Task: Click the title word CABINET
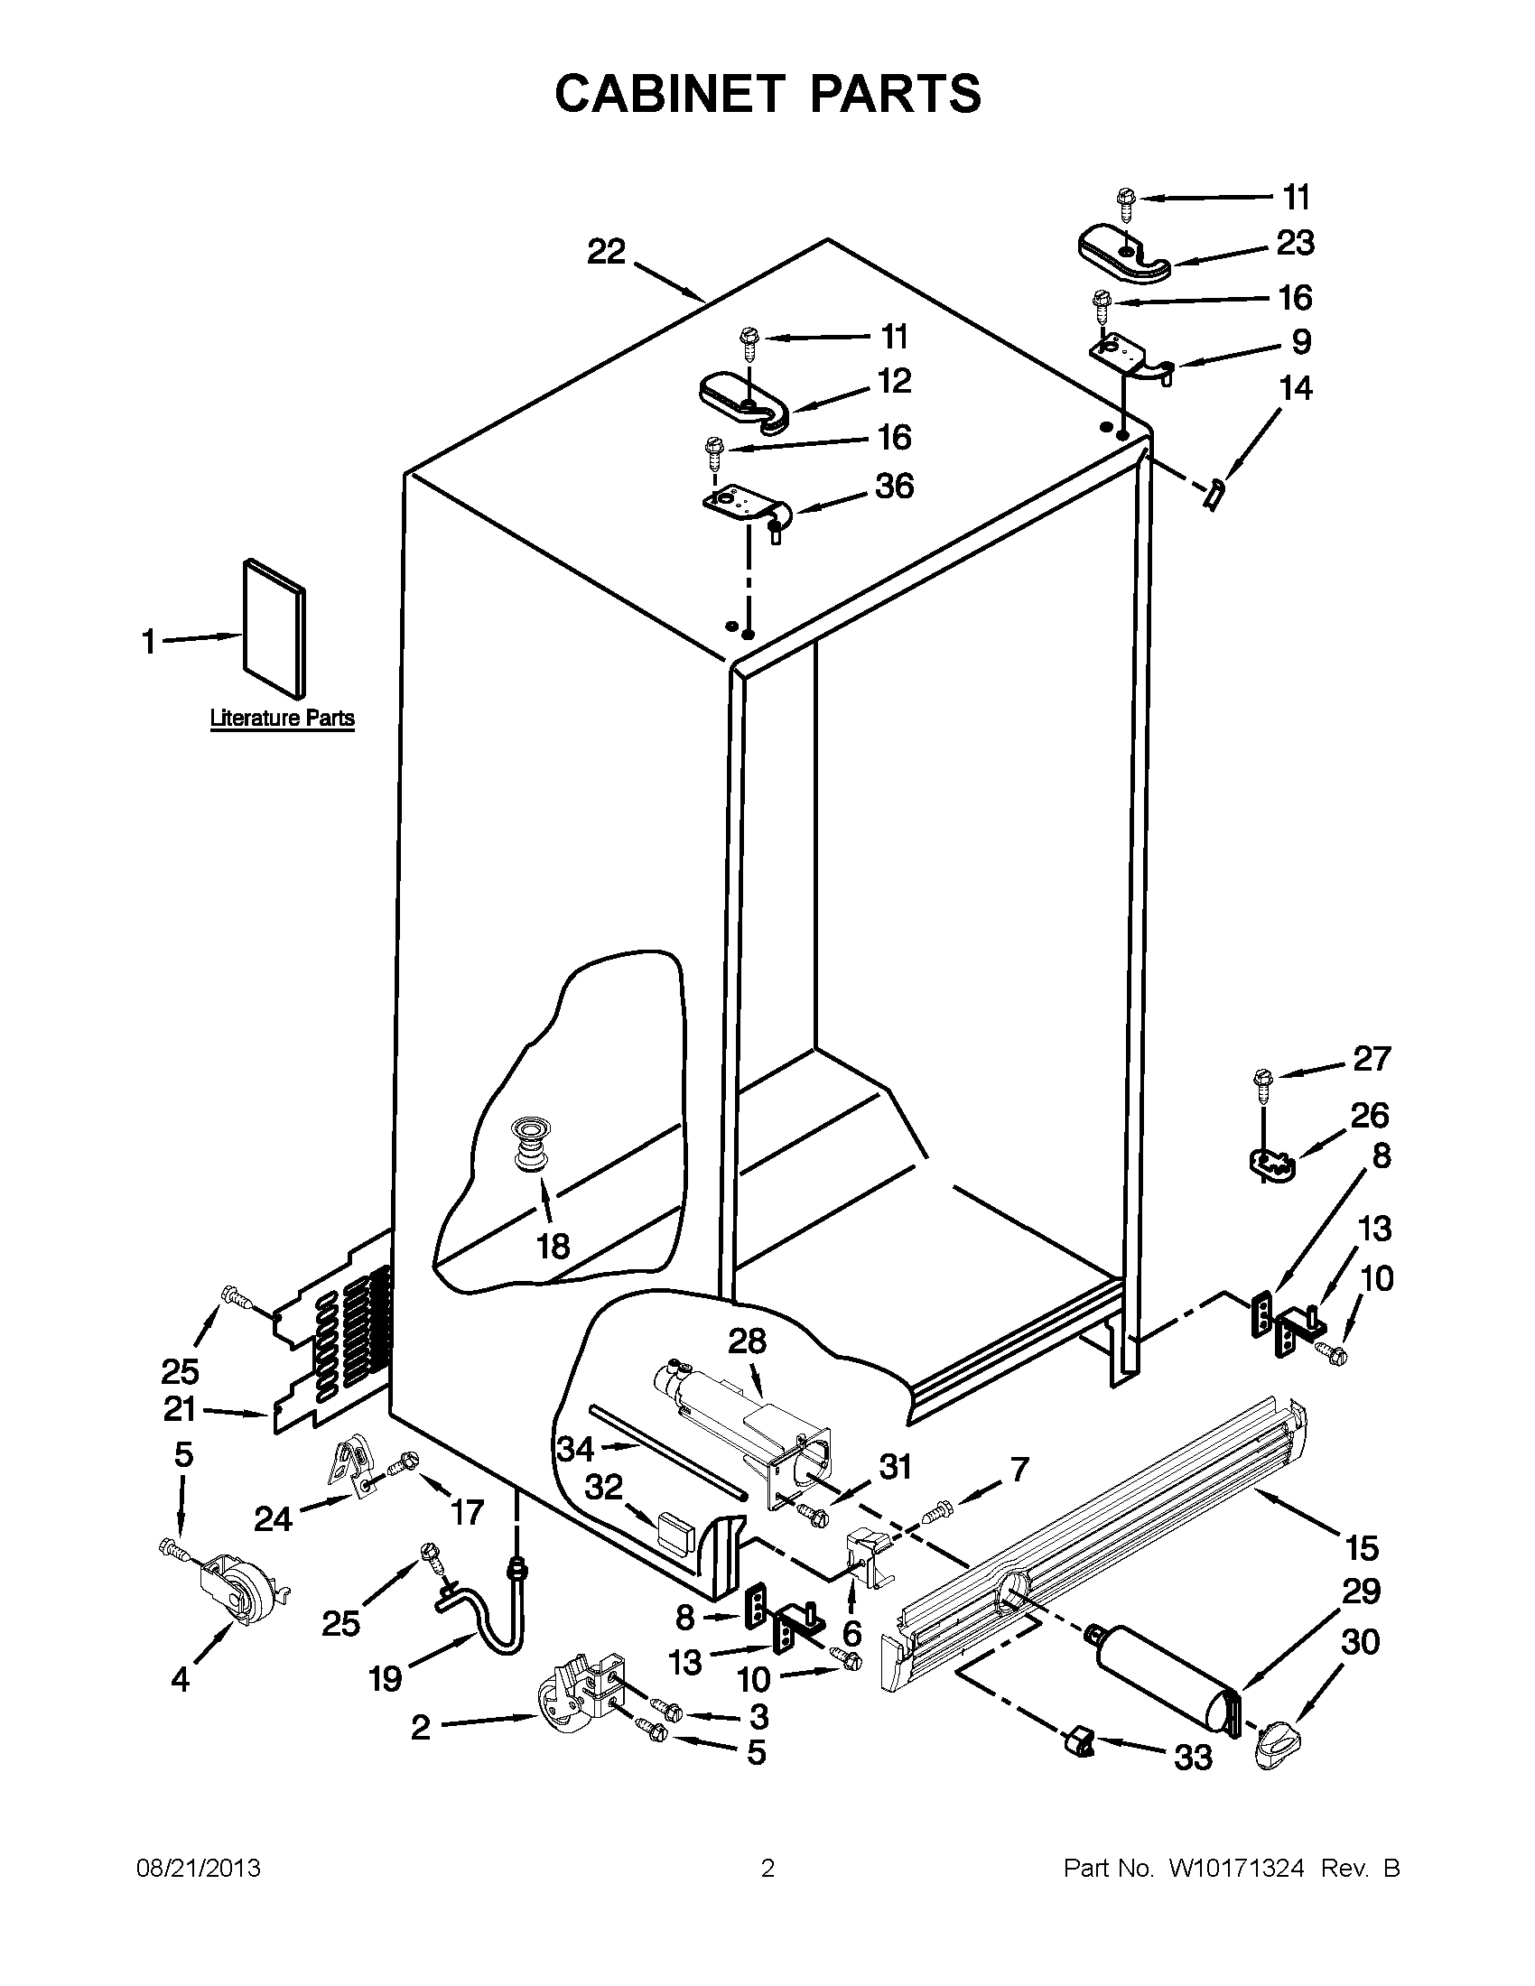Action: point(668,95)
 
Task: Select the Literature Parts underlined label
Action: point(282,719)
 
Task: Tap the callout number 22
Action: point(607,252)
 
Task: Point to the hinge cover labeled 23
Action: point(1124,251)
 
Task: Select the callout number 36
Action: point(894,487)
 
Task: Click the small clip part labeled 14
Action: point(1212,497)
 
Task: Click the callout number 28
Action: point(747,1341)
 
